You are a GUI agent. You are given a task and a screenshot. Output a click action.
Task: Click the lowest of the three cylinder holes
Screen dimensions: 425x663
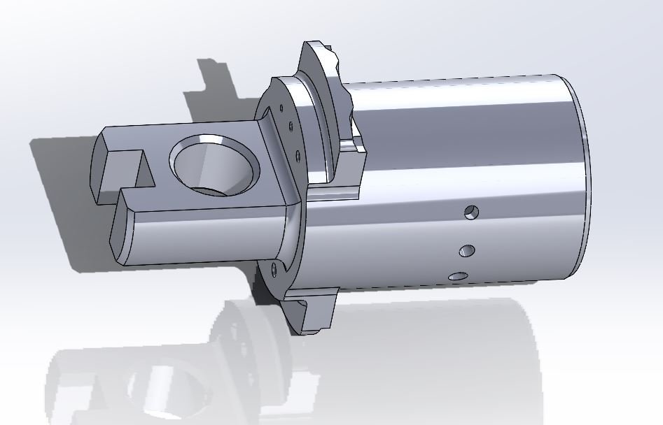click(x=459, y=277)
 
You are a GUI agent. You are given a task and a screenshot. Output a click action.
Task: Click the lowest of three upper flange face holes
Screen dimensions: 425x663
click(x=298, y=154)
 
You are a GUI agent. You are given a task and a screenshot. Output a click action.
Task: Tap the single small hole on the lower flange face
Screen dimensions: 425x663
click(x=274, y=268)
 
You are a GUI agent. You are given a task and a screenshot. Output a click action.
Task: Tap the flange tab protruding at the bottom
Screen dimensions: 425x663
click(x=312, y=315)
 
